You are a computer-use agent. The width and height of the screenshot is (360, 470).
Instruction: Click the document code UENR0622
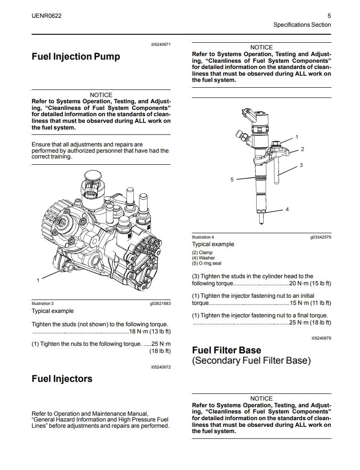click(x=47, y=16)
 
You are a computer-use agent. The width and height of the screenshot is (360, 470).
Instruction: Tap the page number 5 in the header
click(x=329, y=16)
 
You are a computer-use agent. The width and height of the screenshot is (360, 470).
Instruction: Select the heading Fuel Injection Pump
click(x=76, y=57)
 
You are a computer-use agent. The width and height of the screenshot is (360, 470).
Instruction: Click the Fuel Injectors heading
click(x=62, y=379)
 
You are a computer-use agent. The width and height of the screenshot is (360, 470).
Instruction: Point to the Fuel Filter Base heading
click(x=226, y=350)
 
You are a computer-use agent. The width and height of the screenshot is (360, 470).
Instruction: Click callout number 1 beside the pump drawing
click(x=38, y=280)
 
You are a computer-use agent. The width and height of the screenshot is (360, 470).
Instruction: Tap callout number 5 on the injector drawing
click(x=232, y=179)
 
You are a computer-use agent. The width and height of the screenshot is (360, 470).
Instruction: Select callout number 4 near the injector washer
click(x=287, y=209)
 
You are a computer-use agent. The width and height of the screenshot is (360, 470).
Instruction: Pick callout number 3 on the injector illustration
click(x=301, y=165)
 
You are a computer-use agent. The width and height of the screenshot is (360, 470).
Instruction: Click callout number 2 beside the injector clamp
click(x=302, y=149)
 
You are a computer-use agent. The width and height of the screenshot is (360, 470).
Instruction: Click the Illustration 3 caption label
click(x=42, y=303)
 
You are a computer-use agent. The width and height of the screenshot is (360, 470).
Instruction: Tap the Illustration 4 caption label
click(x=203, y=237)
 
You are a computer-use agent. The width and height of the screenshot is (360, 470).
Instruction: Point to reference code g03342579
click(x=320, y=237)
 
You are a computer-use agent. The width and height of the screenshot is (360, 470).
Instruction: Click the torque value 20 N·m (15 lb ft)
click(x=310, y=284)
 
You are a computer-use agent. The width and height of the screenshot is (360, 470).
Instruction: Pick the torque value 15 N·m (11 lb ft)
click(x=310, y=303)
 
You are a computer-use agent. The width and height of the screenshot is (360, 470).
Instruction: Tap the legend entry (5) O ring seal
click(x=206, y=263)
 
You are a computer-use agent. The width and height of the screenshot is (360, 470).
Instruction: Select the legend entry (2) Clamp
click(x=202, y=252)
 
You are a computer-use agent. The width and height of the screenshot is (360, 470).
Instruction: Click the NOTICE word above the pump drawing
click(x=101, y=95)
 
